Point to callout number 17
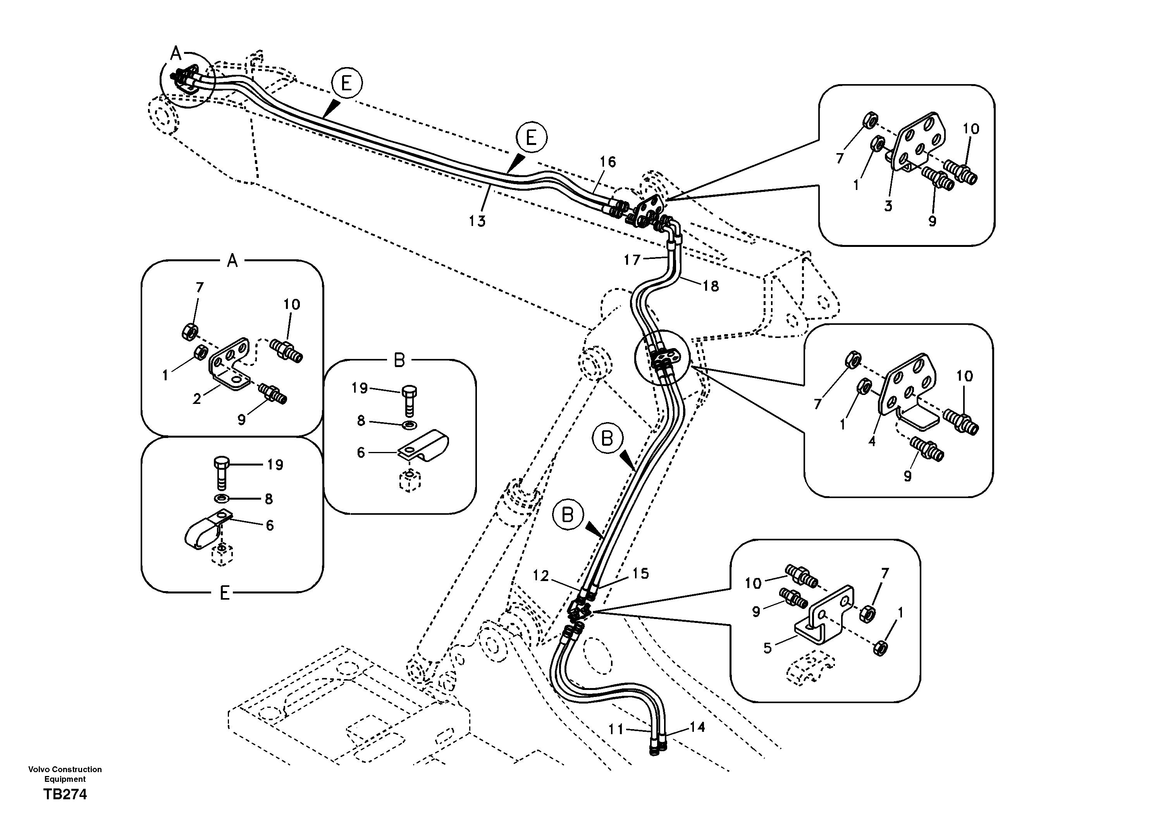(x=632, y=259)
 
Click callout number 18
(x=711, y=286)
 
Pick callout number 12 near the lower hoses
(x=541, y=576)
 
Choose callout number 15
(x=641, y=573)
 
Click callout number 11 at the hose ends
(x=616, y=729)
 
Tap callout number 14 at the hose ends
(x=697, y=726)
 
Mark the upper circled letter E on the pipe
(x=346, y=83)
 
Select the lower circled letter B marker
(x=568, y=516)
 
